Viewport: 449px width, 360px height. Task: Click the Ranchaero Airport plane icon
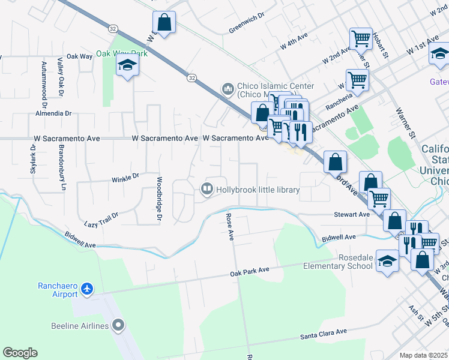coord(88,289)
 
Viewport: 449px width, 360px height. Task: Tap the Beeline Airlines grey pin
coord(118,326)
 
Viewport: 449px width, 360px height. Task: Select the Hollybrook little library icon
coord(206,190)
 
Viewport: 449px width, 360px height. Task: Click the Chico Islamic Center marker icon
coord(228,90)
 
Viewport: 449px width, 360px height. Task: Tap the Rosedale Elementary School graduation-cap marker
coord(388,261)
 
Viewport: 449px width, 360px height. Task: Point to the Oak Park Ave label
coord(249,272)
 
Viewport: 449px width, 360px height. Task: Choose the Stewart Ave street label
coord(352,214)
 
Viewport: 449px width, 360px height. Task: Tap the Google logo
coord(20,353)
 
